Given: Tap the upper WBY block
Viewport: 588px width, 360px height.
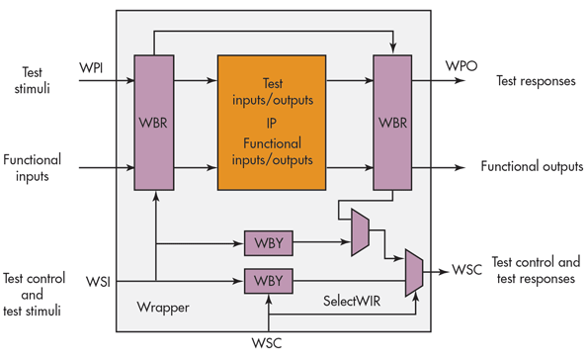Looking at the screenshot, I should (267, 242).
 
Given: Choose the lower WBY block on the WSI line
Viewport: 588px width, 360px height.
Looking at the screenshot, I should (267, 282).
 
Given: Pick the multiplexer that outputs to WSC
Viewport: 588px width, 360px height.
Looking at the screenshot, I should (414, 270).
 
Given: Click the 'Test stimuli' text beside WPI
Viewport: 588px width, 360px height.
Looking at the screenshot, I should (32, 81).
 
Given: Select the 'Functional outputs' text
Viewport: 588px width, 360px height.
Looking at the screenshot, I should (531, 166).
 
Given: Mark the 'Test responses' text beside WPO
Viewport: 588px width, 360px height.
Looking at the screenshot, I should (535, 81).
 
